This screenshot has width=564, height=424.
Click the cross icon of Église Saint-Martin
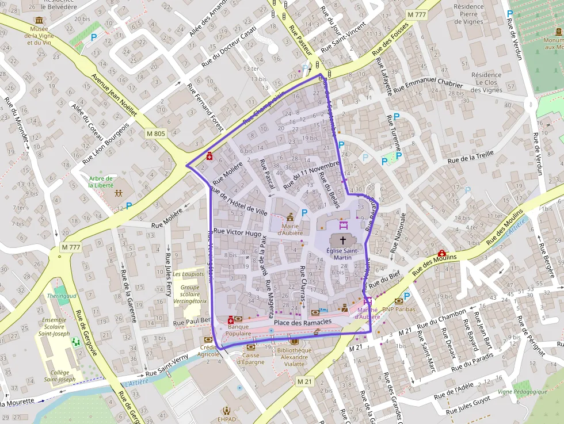point(343,240)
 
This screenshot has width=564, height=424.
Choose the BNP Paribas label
point(398,309)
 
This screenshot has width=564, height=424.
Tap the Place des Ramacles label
point(303,322)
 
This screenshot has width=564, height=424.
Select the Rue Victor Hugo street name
point(237,232)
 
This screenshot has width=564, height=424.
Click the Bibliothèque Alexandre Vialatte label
point(294,357)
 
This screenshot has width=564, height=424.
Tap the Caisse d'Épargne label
point(250,358)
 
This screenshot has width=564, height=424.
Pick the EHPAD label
point(227,419)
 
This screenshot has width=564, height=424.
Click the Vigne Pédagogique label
point(522,392)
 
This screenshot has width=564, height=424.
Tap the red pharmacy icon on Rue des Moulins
point(441,253)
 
